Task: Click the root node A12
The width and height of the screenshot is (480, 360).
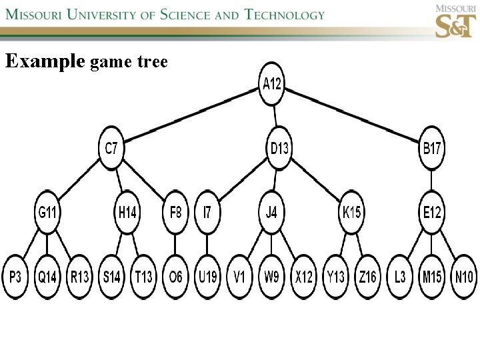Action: pyautogui.click(x=272, y=84)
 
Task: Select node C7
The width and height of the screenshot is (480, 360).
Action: pyautogui.click(x=111, y=148)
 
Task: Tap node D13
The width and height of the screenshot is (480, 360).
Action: pyautogui.click(x=280, y=148)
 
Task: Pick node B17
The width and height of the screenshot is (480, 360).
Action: pyautogui.click(x=431, y=148)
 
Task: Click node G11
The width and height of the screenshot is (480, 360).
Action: pyautogui.click(x=47, y=213)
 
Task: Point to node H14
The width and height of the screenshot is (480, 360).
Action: pyautogui.click(x=127, y=213)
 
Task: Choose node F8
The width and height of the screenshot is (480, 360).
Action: pyautogui.click(x=175, y=213)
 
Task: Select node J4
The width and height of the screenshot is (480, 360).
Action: pyautogui.click(x=271, y=213)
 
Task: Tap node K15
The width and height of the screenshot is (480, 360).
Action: pyautogui.click(x=351, y=213)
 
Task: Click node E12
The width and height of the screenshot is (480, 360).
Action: pyautogui.click(x=431, y=213)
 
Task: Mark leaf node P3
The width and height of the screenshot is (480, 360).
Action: pyautogui.click(x=15, y=276)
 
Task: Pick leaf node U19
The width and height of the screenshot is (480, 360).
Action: pyautogui.click(x=207, y=276)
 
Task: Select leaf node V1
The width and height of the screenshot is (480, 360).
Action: pyautogui.click(x=239, y=276)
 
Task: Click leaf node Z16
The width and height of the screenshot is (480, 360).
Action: pyautogui.click(x=367, y=276)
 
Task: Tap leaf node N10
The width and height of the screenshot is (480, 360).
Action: pyautogui.click(x=463, y=276)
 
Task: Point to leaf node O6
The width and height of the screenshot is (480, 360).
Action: pyautogui.click(x=175, y=276)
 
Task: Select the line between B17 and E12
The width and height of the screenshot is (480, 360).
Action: pyautogui.click(x=431, y=180)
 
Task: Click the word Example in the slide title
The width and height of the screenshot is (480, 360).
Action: pyautogui.click(x=45, y=62)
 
